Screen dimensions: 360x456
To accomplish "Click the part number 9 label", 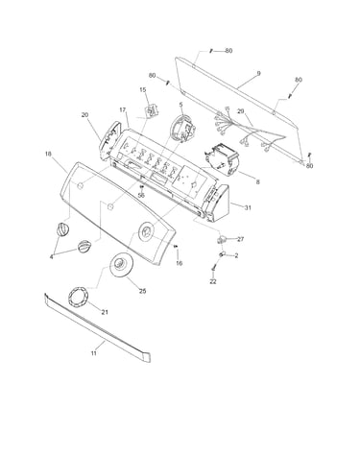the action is tap(258, 74).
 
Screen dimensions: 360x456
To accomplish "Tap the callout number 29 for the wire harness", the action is tap(241, 111).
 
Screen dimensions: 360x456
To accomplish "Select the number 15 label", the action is tap(143, 90).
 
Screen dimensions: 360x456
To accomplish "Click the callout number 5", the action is tap(180, 105).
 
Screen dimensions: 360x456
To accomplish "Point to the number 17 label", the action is tap(123, 109).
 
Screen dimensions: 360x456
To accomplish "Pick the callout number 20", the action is tap(84, 115).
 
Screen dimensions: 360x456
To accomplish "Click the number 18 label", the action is tap(48, 154).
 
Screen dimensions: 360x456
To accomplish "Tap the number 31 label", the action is tap(248, 207).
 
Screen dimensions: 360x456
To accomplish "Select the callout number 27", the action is tap(240, 239).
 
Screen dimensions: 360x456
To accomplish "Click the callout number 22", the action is tap(213, 281).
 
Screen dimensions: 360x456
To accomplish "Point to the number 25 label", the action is tap(142, 291).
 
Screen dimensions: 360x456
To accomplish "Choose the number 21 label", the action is tap(105, 312).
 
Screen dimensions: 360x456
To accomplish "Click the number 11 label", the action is tap(93, 353).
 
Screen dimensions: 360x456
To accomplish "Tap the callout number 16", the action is tap(179, 263).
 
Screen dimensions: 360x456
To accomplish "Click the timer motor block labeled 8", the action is tap(222, 159).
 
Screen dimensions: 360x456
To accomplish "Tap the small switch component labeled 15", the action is tap(152, 110).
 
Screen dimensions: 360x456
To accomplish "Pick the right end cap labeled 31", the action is tap(218, 204).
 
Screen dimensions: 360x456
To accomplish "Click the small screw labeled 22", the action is tap(214, 268).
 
